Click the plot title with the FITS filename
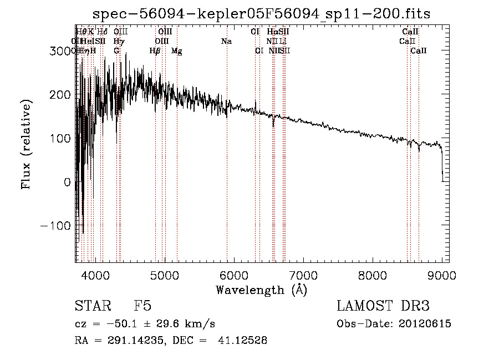point(262,13)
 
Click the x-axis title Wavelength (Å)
point(261,290)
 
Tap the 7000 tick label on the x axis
point(303,275)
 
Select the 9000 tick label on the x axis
point(442,275)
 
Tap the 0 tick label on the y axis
point(68,182)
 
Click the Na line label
point(226,41)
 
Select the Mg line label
point(176,51)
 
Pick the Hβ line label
point(155,51)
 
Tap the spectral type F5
point(142,306)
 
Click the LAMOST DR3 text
point(383,306)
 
